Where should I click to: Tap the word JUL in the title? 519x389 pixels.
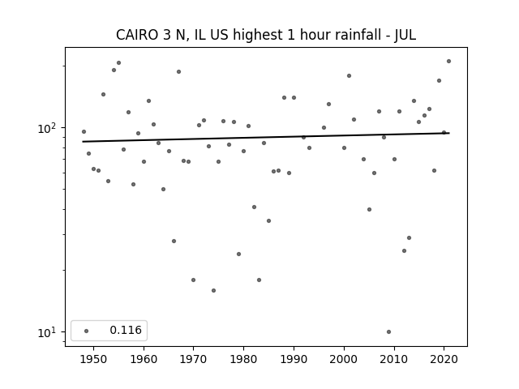click(405, 35)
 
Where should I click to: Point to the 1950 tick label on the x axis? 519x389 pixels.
click(93, 358)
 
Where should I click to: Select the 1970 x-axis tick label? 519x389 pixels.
click(194, 358)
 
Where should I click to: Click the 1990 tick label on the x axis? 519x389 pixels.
click(294, 358)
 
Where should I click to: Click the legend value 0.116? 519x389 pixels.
click(125, 330)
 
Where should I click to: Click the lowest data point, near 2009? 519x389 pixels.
click(388, 331)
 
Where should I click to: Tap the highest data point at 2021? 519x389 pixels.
click(448, 61)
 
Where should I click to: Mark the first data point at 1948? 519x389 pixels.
click(84, 131)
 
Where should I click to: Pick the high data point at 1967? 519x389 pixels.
click(178, 71)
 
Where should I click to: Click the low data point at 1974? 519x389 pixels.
click(213, 290)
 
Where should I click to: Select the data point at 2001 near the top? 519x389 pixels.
click(349, 75)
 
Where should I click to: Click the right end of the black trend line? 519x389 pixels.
click(448, 133)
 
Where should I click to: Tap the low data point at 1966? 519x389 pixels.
click(174, 241)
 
